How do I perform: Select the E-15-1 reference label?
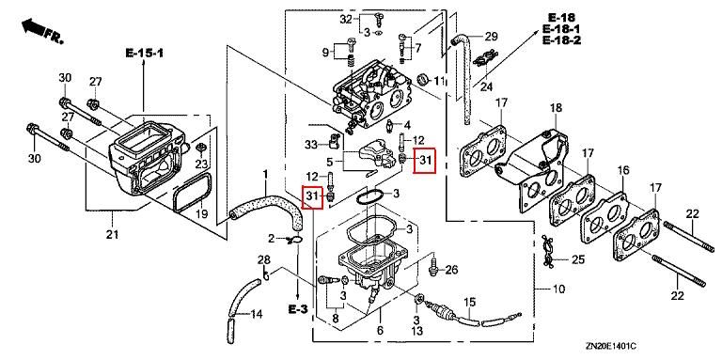(x=145, y=53)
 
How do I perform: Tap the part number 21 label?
(x=113, y=235)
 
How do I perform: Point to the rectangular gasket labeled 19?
(x=193, y=192)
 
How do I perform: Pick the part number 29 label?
(x=492, y=37)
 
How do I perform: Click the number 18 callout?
(x=557, y=108)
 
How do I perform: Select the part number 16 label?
(x=623, y=170)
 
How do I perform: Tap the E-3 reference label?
(x=298, y=309)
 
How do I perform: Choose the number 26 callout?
(x=451, y=270)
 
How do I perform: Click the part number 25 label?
(x=578, y=259)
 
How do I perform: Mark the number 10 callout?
(x=557, y=290)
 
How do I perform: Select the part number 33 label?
(x=311, y=145)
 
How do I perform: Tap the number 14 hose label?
(x=256, y=315)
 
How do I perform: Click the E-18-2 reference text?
(x=562, y=40)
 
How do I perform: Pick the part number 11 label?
(x=440, y=82)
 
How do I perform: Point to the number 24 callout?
(x=487, y=86)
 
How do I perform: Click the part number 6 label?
(x=381, y=330)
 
